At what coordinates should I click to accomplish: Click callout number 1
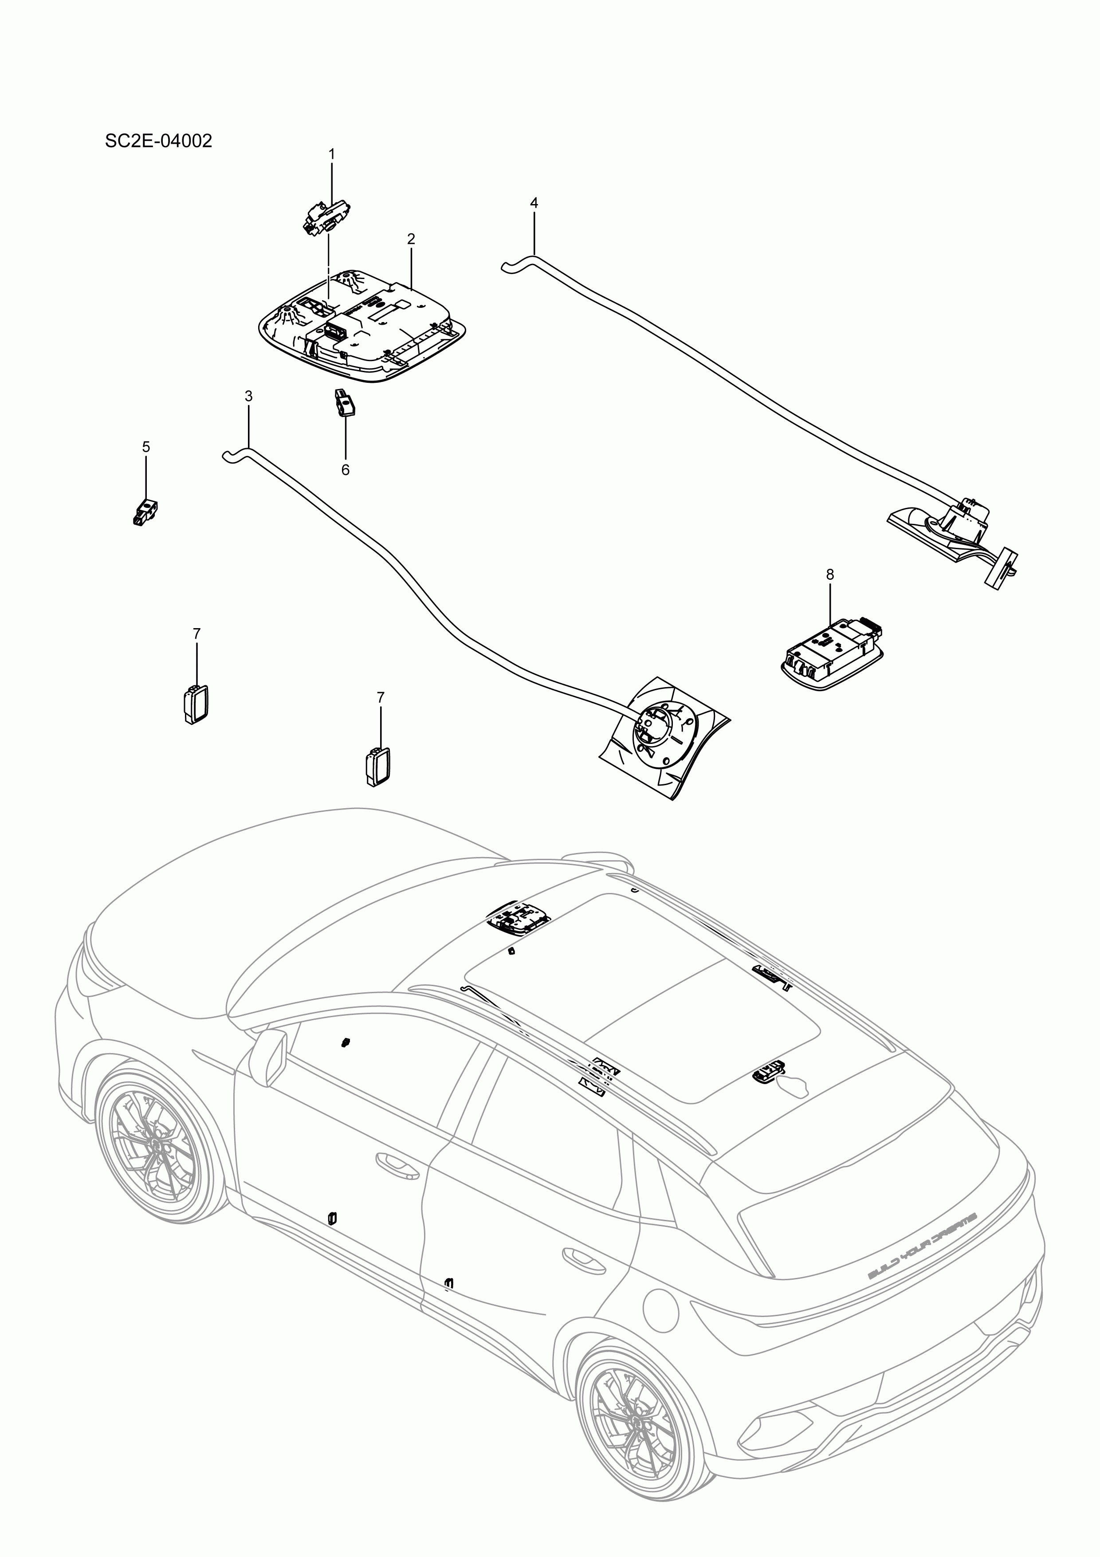coord(332,155)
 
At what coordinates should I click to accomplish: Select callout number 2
coord(411,239)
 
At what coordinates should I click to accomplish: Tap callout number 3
coord(248,396)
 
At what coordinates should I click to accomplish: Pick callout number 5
coord(146,447)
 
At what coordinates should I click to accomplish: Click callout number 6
coord(345,470)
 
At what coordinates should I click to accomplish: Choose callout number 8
coord(830,574)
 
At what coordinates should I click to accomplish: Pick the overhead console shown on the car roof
coord(518,919)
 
